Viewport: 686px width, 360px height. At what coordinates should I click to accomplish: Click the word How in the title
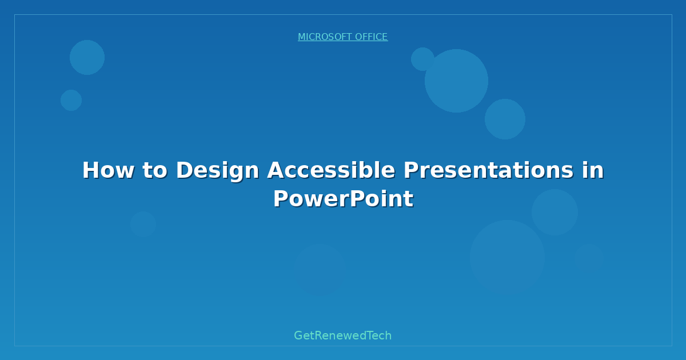[109, 170]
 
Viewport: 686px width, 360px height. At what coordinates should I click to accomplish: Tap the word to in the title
[155, 170]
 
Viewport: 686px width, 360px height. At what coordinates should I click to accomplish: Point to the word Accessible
[332, 170]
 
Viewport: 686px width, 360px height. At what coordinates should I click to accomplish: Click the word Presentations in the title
[489, 170]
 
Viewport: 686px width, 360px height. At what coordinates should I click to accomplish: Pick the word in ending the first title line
[593, 170]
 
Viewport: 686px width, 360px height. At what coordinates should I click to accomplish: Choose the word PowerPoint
[344, 199]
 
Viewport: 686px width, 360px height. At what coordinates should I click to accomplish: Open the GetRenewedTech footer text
[342, 335]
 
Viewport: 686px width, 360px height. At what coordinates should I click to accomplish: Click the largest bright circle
[456, 81]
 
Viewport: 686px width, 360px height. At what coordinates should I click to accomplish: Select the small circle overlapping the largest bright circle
[422, 59]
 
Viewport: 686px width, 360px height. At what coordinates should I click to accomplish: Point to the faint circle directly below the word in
[555, 212]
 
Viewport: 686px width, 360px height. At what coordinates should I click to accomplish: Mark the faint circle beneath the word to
[143, 224]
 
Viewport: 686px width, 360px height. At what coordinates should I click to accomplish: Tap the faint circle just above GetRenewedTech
[320, 270]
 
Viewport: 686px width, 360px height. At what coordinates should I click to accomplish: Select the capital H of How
[91, 170]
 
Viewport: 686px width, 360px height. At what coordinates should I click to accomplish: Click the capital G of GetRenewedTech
[298, 335]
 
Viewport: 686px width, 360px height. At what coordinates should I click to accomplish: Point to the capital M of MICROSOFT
[302, 37]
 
